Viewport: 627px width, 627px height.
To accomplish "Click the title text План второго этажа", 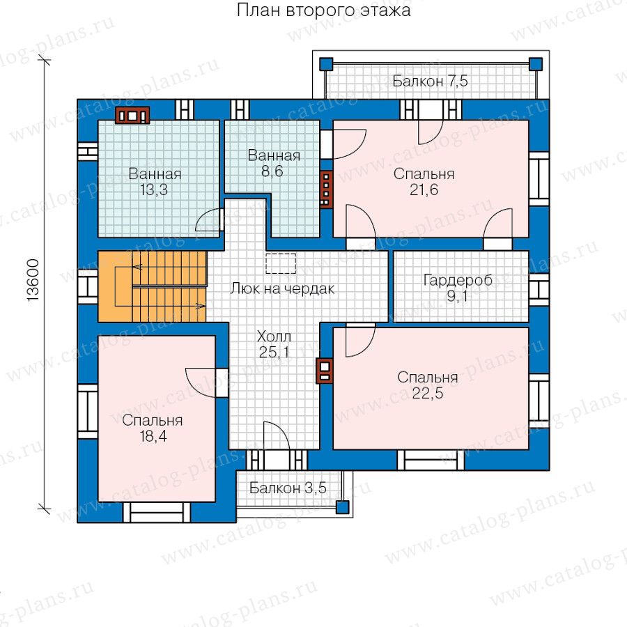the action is click(x=323, y=10).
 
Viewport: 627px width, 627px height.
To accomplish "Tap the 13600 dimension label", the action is click(x=33, y=280).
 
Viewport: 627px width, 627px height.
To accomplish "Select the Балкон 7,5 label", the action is click(x=430, y=82).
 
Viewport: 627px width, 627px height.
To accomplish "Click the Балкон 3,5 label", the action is click(x=288, y=488).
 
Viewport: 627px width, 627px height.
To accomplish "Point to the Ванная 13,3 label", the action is click(x=155, y=182).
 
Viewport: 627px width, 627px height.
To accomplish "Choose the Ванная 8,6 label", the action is click(x=274, y=163).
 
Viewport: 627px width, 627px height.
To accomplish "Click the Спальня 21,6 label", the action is click(x=424, y=182).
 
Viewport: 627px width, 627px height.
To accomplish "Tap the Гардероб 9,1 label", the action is click(x=458, y=288).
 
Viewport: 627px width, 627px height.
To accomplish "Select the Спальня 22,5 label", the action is click(x=428, y=385).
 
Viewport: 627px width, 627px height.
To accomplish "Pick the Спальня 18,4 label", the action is click(x=153, y=428).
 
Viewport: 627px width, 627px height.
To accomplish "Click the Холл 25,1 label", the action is click(x=274, y=344).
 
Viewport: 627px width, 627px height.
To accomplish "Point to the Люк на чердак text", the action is click(x=282, y=288).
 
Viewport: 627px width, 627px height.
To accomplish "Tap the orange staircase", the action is click(x=153, y=286).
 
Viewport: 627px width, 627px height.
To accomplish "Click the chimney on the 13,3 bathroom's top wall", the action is click(x=132, y=115).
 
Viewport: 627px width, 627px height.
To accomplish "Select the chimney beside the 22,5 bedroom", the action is click(x=324, y=371).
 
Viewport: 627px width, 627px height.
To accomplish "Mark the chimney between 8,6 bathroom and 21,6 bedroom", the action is click(x=326, y=189).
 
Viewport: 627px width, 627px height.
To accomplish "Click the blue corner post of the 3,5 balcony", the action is click(x=342, y=507).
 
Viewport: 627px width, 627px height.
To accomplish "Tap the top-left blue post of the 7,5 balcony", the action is click(x=326, y=64).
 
